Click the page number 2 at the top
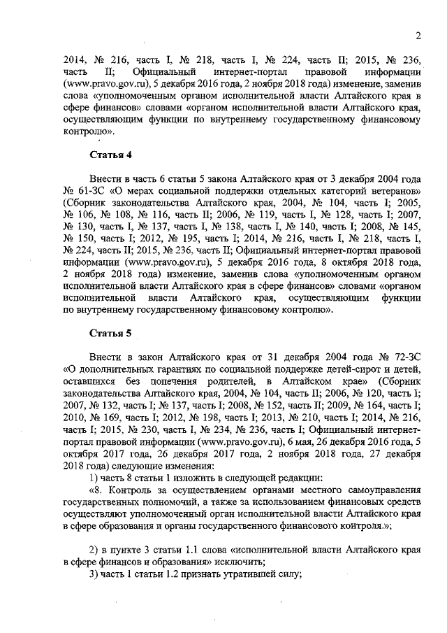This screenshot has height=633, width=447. coord(417,36)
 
